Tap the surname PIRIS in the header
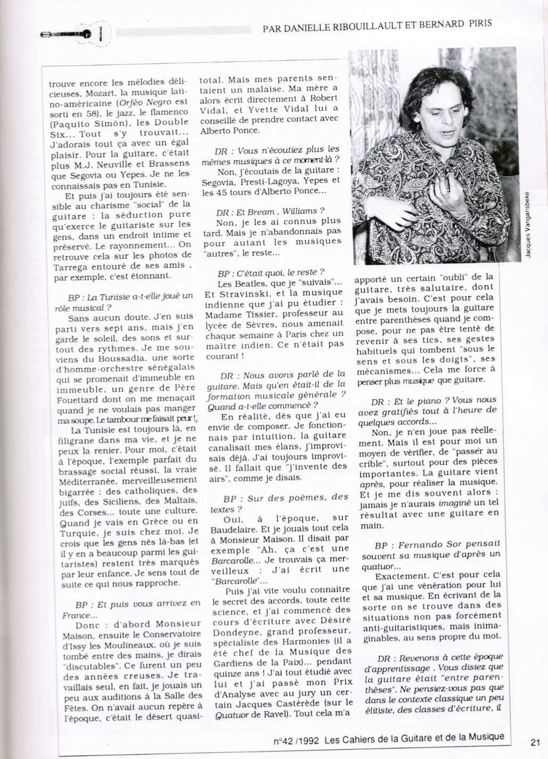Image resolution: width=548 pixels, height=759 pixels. click(477, 23)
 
